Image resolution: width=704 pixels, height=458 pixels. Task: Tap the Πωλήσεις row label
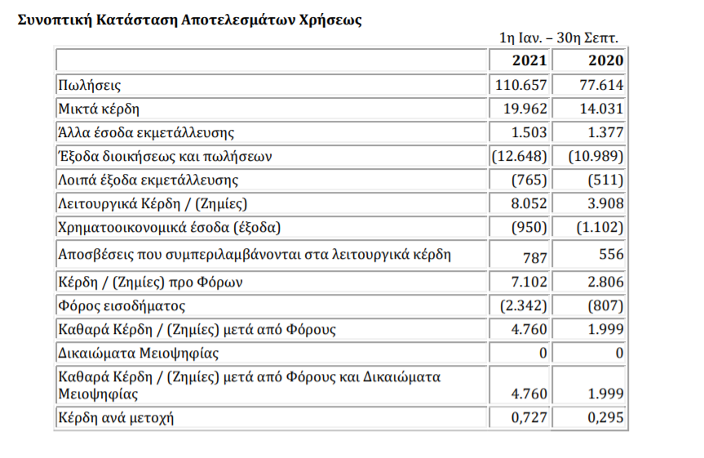click(89, 85)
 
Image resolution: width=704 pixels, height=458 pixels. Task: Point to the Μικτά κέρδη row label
click(98, 109)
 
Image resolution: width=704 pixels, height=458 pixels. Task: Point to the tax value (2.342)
click(523, 306)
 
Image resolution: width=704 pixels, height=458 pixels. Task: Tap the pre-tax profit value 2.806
click(606, 282)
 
